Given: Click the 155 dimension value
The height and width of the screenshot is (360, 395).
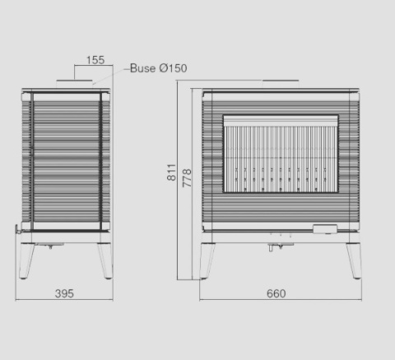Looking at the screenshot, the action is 95,60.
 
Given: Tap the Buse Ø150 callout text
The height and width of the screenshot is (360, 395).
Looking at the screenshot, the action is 159,68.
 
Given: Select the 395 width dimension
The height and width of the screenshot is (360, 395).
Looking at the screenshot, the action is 64,293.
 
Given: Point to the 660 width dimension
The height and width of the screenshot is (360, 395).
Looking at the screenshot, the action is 276,293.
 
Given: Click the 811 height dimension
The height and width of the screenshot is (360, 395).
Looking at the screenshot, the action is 171,172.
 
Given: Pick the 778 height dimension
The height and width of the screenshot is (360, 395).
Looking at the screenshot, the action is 187,178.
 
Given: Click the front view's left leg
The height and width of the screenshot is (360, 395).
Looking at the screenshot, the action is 207,261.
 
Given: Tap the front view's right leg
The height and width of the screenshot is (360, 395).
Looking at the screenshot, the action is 354,261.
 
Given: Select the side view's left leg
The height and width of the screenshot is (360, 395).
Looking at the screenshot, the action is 26,261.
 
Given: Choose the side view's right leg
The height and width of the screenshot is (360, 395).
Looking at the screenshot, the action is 105,261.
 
